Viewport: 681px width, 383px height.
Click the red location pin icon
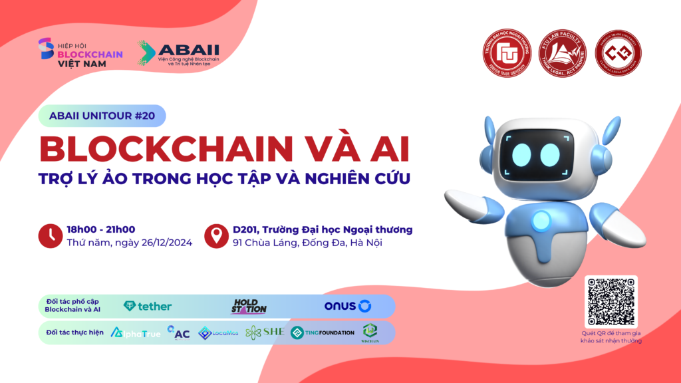216,236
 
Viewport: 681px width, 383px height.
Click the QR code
611,301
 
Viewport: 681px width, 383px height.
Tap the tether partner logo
148,307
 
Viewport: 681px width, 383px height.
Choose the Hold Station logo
249,307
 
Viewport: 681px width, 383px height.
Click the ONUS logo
347,307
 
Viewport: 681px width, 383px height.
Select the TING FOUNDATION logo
323,332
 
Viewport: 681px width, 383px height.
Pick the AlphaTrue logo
136,332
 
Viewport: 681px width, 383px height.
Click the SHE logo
265,332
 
